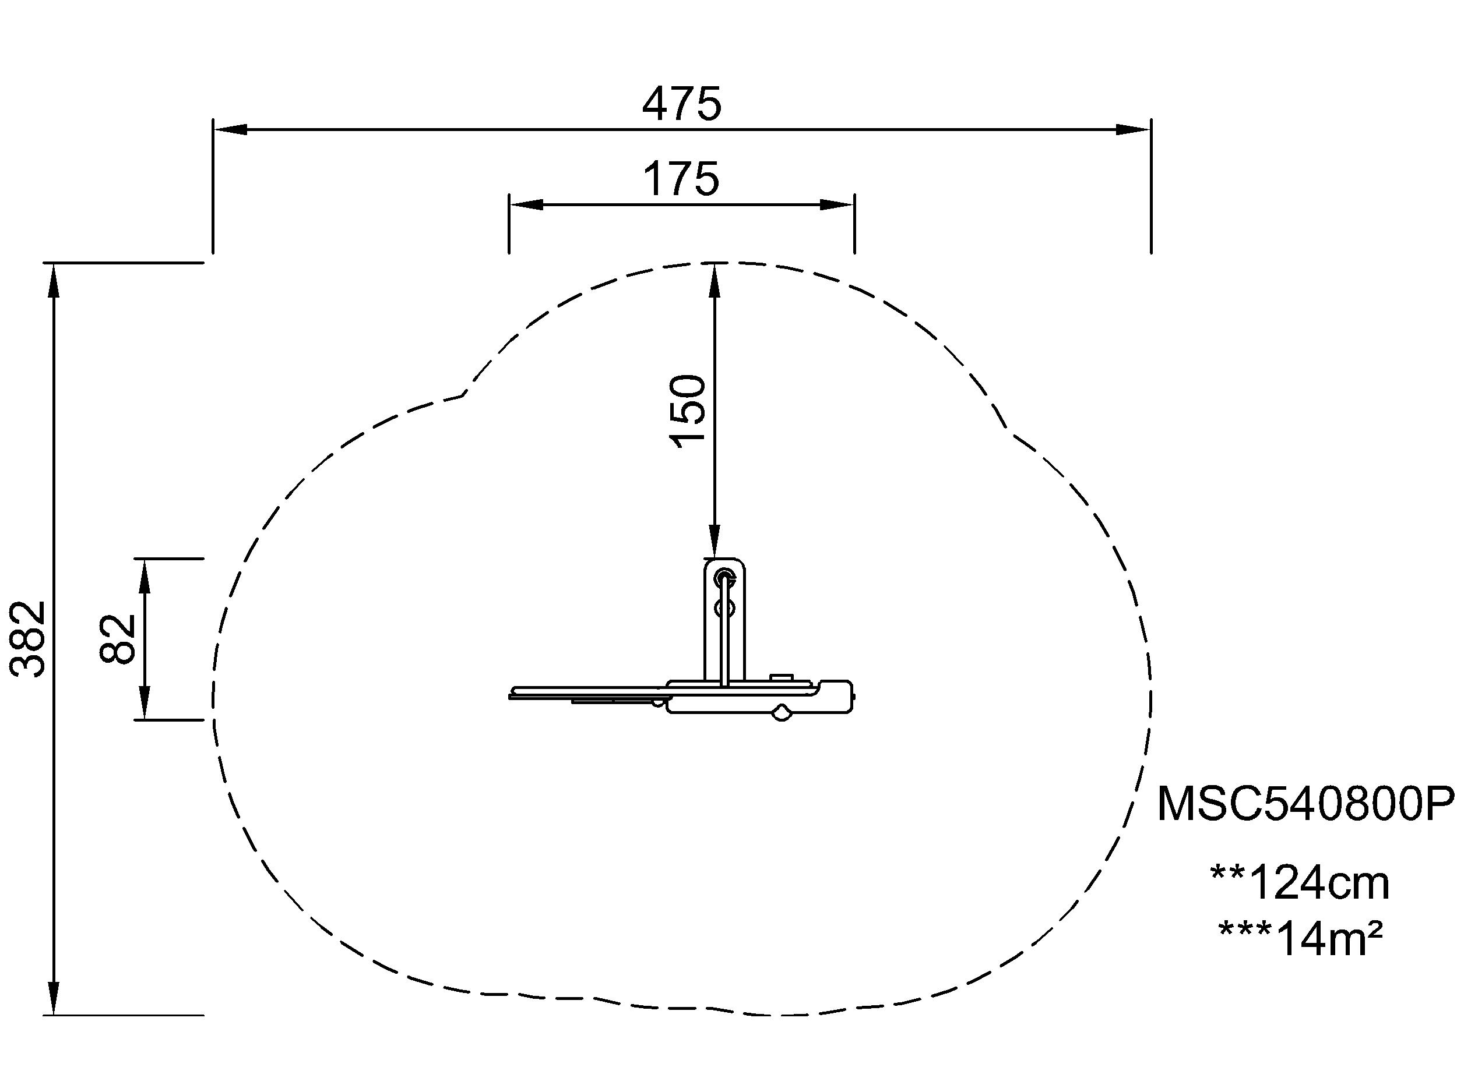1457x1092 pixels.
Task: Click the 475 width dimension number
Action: pyautogui.click(x=682, y=104)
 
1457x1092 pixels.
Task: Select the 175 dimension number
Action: pyautogui.click(x=681, y=179)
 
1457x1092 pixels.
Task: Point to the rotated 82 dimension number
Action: pyautogui.click(x=118, y=638)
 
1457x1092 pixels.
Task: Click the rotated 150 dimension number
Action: pyautogui.click(x=688, y=411)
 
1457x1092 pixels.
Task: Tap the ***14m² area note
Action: pyautogui.click(x=1300, y=938)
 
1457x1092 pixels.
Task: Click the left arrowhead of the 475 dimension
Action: pyautogui.click(x=230, y=130)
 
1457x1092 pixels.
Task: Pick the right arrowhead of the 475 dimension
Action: pyautogui.click(x=1134, y=130)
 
